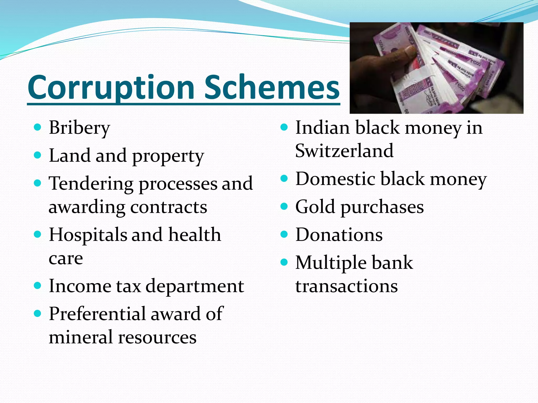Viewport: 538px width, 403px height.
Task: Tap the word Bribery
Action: pos(79,128)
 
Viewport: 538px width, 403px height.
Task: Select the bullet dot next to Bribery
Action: pos(38,128)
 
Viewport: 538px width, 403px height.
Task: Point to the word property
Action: pos(168,156)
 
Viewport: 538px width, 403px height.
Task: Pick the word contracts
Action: pos(169,207)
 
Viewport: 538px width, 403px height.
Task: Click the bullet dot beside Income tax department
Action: pos(38,285)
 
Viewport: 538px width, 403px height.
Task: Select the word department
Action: pos(195,287)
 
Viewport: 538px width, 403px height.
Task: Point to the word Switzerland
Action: pos(344,151)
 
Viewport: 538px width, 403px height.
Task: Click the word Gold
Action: pos(315,207)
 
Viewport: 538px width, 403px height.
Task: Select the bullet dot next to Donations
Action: pos(284,234)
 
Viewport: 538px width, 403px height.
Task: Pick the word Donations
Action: pos(339,235)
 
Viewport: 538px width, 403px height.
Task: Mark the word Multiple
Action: pos(331,263)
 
